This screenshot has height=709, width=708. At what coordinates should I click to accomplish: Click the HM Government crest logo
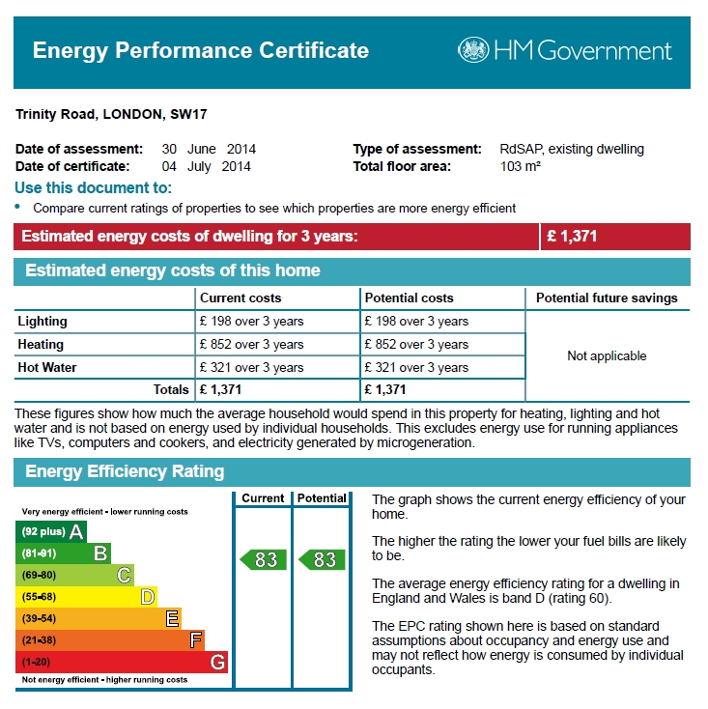click(473, 49)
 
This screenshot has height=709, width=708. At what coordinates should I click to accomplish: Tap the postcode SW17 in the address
click(188, 114)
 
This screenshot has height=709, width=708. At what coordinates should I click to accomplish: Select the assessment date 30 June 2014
click(209, 149)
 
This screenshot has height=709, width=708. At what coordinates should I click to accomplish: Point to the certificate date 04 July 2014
click(206, 166)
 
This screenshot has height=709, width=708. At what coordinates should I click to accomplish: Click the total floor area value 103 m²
click(521, 166)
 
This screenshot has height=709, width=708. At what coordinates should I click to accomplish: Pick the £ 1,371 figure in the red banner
click(572, 236)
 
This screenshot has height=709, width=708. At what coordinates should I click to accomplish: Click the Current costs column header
click(241, 298)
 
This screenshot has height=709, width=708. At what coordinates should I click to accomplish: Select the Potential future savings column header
click(607, 298)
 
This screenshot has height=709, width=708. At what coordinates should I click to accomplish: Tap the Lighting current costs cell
click(252, 321)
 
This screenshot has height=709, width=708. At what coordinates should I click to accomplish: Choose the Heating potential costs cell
click(416, 344)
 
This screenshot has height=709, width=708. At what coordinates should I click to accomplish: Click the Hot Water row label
click(47, 367)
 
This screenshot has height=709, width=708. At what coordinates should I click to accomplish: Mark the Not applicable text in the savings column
click(607, 355)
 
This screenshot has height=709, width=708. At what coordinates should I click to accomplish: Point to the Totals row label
click(171, 389)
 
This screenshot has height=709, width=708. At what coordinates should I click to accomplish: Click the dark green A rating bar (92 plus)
click(51, 531)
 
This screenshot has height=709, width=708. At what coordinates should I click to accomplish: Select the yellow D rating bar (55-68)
click(86, 597)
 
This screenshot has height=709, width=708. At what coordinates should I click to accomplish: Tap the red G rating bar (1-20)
click(122, 662)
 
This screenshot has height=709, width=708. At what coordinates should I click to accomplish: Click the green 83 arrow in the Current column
click(263, 560)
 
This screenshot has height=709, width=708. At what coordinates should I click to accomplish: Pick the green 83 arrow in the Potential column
click(322, 560)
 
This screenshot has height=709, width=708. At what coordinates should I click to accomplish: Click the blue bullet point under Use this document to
click(17, 206)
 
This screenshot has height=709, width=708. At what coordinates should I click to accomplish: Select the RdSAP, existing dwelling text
click(572, 149)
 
